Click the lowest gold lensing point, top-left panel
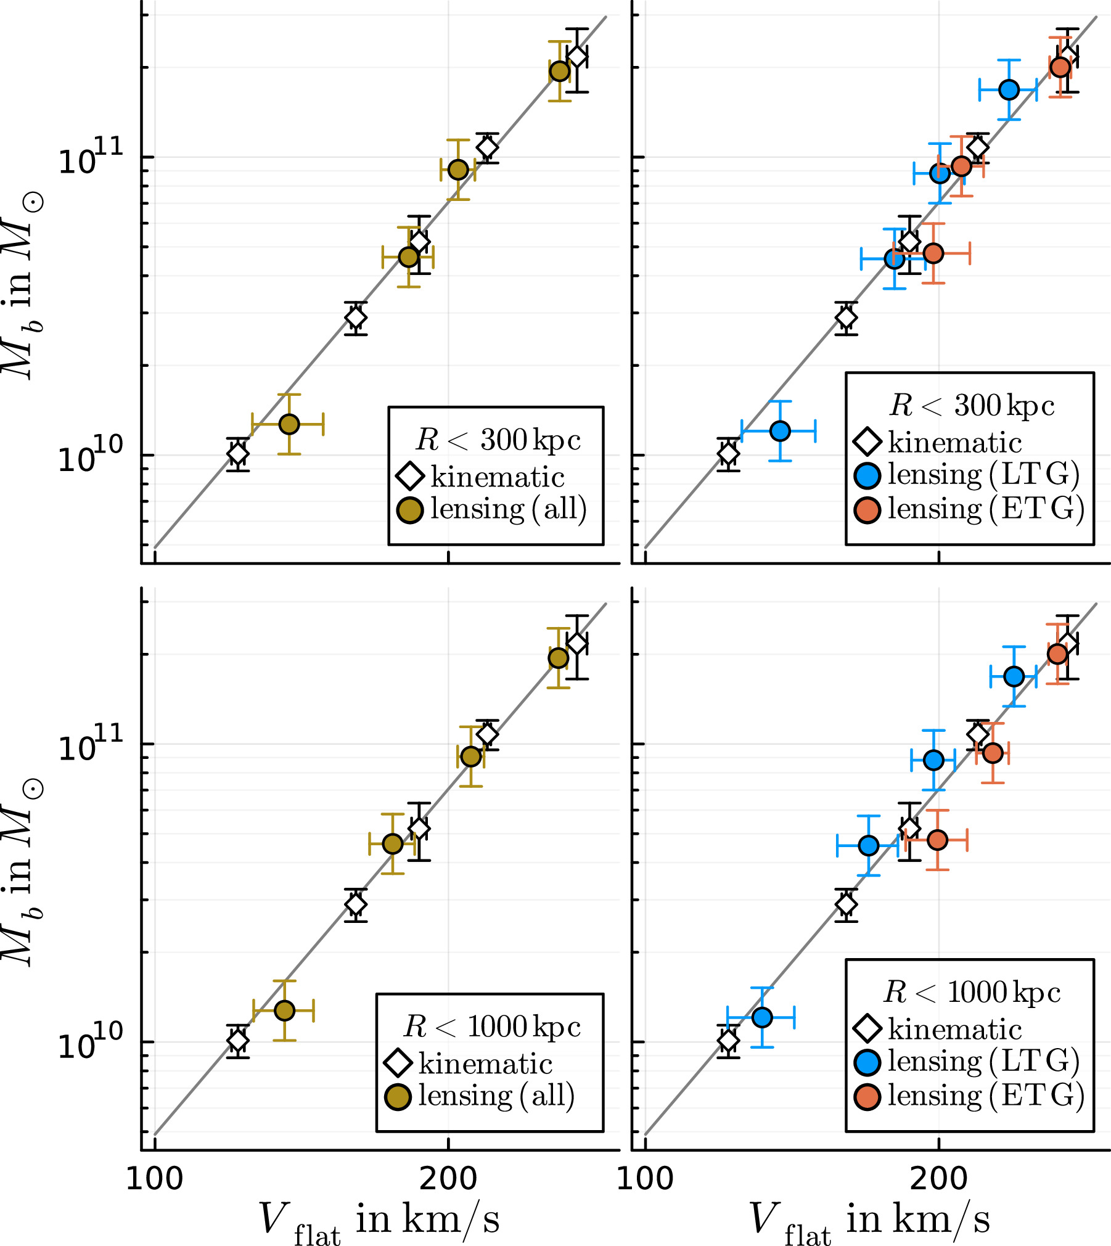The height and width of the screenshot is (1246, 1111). coord(289,424)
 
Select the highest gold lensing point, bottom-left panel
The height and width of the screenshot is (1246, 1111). coord(559,658)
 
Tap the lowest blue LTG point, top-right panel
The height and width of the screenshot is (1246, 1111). coord(780,431)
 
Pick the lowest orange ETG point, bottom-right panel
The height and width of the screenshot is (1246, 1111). coord(937,840)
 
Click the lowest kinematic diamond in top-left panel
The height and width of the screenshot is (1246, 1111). coord(238,454)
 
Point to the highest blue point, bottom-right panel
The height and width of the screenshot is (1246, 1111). coord(1014,676)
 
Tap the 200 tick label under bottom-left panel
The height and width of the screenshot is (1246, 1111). coord(448,1178)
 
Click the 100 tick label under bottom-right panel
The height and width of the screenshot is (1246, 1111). coord(645,1178)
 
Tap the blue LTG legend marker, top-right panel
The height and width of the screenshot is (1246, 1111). coord(867,475)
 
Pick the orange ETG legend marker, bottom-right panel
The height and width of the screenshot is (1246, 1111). coord(867,1097)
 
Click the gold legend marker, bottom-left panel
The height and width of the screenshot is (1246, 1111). coord(398,1097)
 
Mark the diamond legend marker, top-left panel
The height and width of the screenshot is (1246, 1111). coord(410,476)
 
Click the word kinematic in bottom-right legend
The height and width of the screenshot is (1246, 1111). coord(955,1029)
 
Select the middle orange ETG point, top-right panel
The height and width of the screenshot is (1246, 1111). coord(961,166)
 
